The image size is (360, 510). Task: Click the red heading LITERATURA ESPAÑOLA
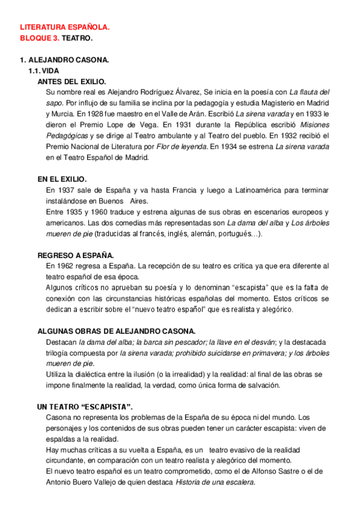65,28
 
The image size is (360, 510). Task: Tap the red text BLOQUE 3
40,38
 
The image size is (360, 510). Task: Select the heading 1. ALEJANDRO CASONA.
64,61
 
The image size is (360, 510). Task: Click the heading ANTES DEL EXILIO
72,81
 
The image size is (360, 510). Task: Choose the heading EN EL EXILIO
62,179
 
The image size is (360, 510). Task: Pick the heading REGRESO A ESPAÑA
76,255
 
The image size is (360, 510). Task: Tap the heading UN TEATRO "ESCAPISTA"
85,407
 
